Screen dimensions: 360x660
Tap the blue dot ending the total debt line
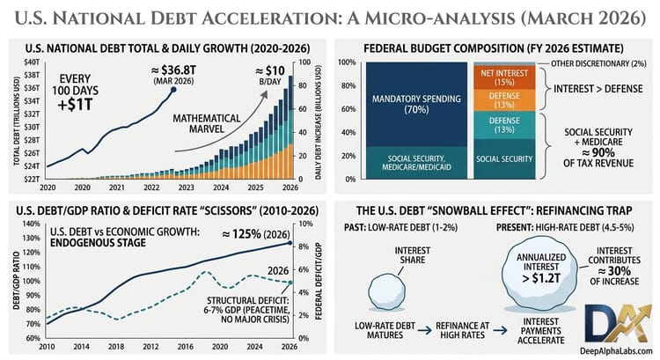(x=173, y=89)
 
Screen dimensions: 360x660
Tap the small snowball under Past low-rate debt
(x=385, y=291)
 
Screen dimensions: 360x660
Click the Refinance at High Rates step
(x=462, y=332)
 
